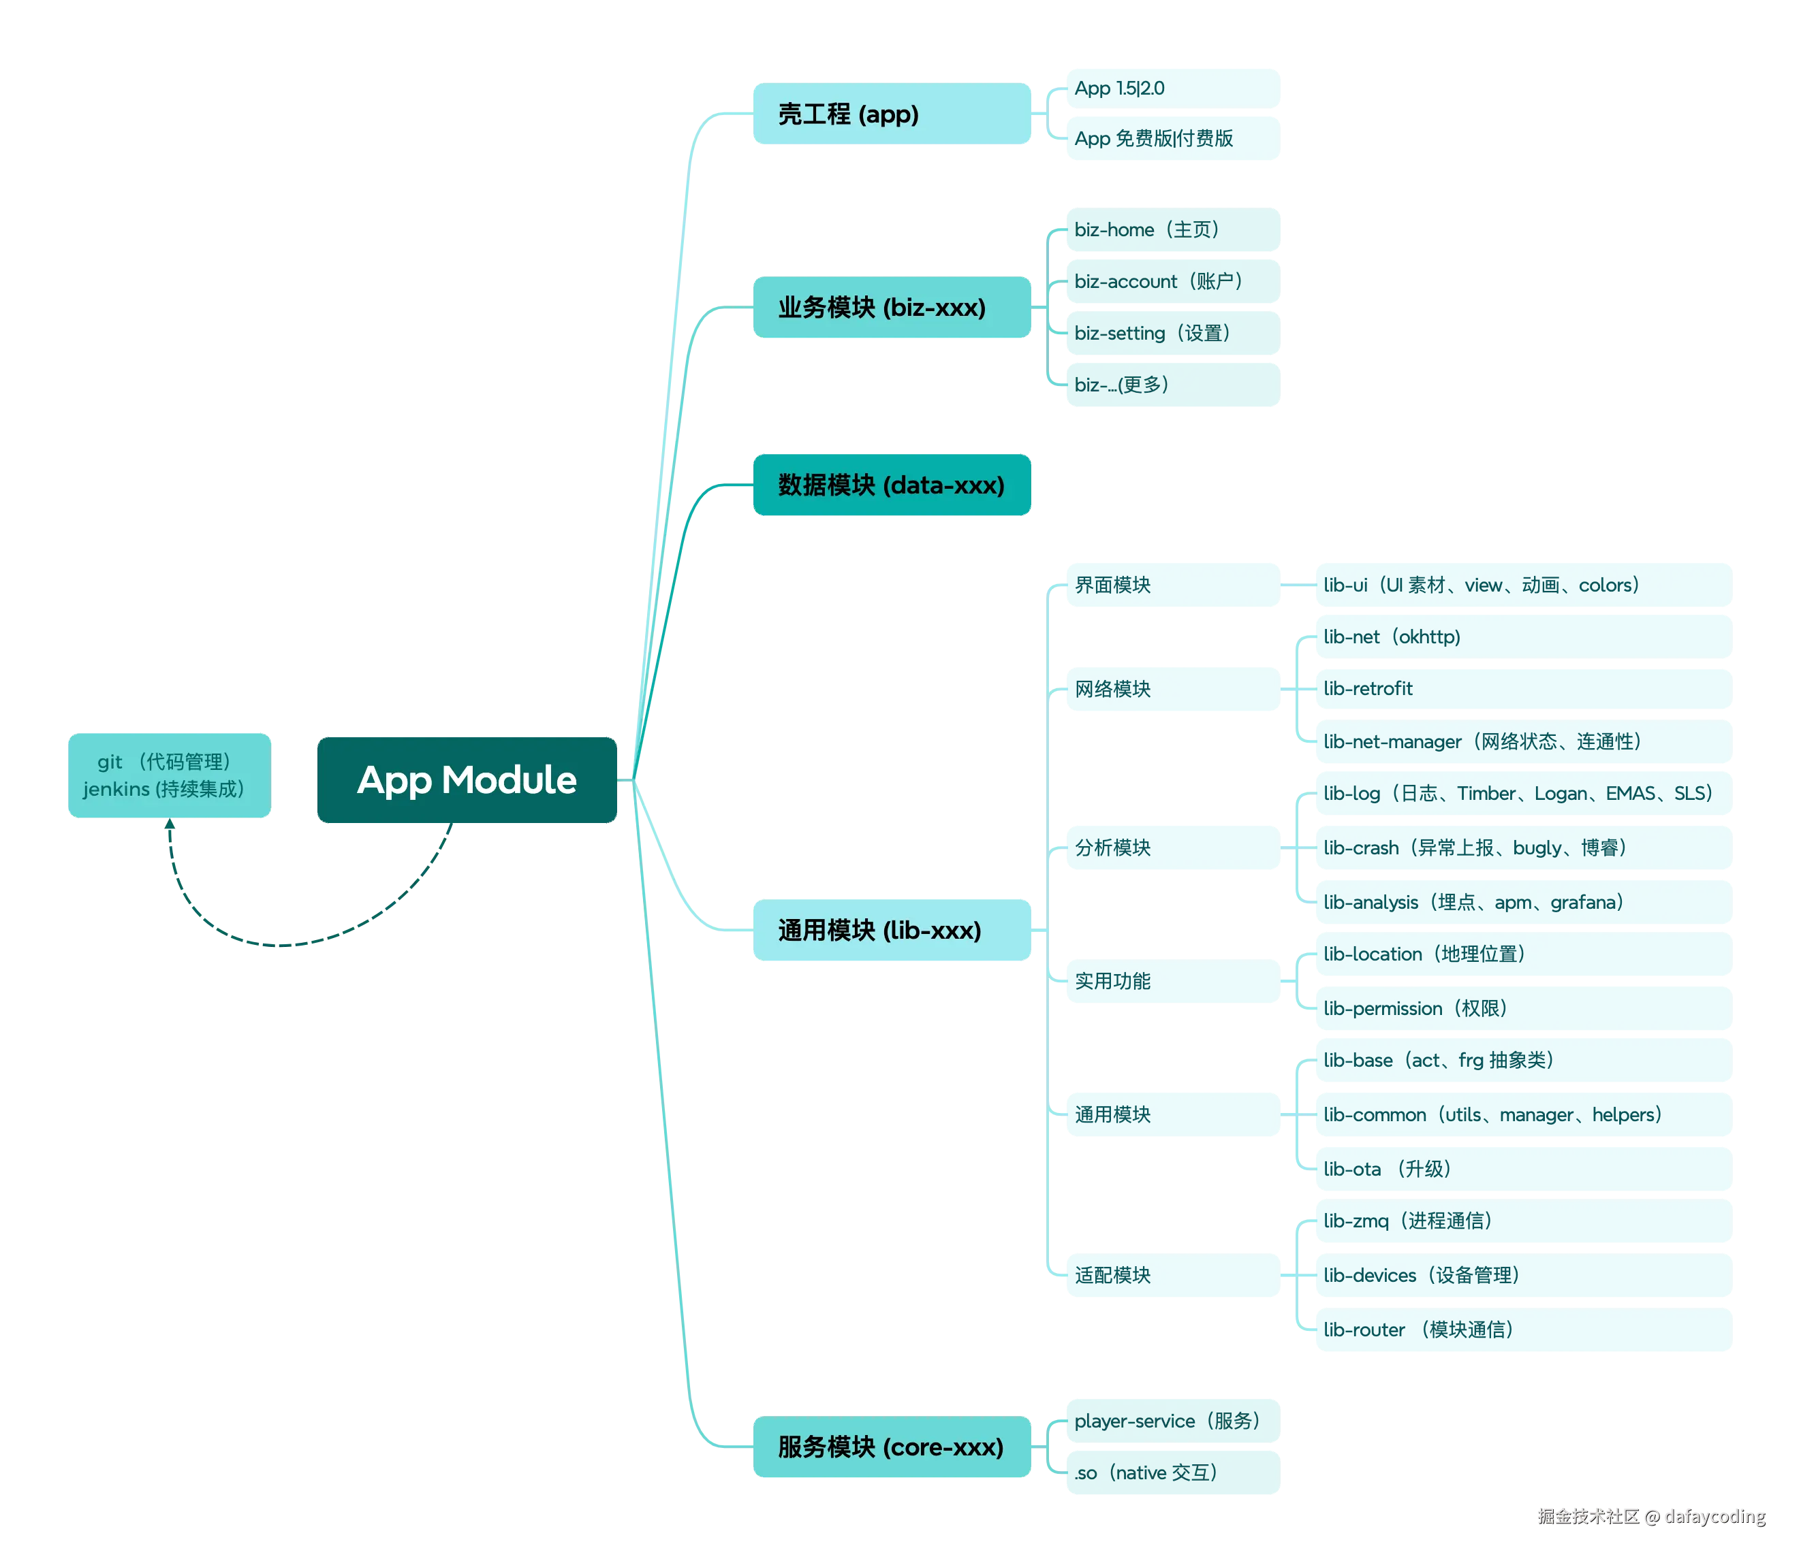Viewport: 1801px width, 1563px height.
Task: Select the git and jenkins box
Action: pos(168,775)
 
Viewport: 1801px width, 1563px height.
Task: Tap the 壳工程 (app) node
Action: pos(892,114)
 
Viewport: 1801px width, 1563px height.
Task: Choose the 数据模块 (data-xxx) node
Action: pos(892,485)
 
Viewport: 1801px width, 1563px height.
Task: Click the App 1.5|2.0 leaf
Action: pos(1172,88)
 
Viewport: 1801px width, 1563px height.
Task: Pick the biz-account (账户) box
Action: pos(1172,281)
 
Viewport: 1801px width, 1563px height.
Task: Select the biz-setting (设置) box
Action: pos(1172,332)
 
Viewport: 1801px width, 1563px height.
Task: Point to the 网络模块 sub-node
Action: pos(1172,689)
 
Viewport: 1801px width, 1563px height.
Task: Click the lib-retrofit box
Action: pos(1522,688)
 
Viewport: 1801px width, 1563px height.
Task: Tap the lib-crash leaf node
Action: pos(1522,848)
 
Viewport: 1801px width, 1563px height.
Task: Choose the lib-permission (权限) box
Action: pos(1522,1008)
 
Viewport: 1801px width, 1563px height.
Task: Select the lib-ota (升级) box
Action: pos(1522,1169)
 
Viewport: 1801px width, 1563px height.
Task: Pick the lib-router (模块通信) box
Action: pos(1522,1330)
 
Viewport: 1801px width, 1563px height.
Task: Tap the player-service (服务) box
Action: pos(1172,1421)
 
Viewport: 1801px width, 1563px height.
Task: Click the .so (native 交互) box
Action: pos(1172,1472)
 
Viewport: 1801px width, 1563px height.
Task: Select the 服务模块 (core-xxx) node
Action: pos(892,1447)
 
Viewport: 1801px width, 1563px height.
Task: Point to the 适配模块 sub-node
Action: pos(1172,1275)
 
